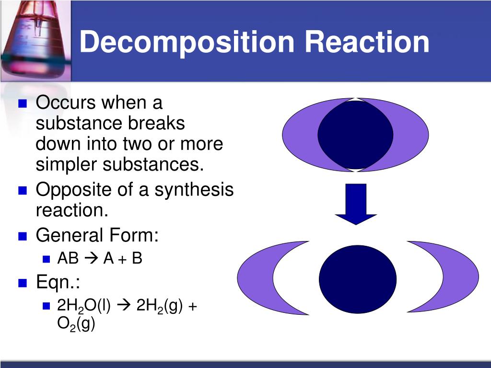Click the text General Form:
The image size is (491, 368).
pyautogui.click(x=97, y=235)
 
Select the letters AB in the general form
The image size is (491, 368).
pyautogui.click(x=68, y=259)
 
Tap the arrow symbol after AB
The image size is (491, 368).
pyautogui.click(x=91, y=259)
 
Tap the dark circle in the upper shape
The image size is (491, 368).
pyautogui.click(x=355, y=135)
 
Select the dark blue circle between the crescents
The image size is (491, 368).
pyautogui.click(x=358, y=280)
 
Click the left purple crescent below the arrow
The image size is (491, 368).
pyautogui.click(x=257, y=278)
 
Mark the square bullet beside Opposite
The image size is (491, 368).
pyautogui.click(x=22, y=191)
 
